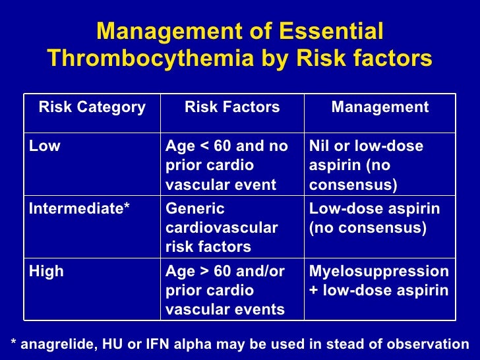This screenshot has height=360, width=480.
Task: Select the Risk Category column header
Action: tap(92, 107)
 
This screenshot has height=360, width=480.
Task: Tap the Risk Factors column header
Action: tap(232, 107)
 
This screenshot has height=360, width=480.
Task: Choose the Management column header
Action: tap(380, 107)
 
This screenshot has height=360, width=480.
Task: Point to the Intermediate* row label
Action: tap(79, 209)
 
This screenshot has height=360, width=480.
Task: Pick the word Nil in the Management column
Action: tap(320, 146)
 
